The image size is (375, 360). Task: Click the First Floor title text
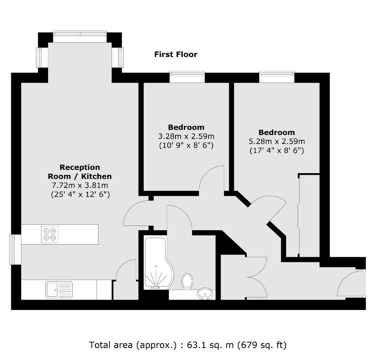176,55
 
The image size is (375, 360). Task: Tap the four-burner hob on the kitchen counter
50,234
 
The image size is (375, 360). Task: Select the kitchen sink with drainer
59,290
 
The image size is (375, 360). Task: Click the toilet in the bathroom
187,281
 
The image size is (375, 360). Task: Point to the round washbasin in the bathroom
205,293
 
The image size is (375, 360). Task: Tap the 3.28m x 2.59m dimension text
186,136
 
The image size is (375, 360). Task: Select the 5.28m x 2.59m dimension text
277,142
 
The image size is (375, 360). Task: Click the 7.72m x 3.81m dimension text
80,185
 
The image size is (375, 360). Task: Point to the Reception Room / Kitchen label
80,172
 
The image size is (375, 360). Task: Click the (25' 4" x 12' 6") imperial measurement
80,194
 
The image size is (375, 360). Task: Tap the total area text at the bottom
187,345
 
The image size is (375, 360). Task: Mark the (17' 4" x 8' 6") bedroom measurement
277,151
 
